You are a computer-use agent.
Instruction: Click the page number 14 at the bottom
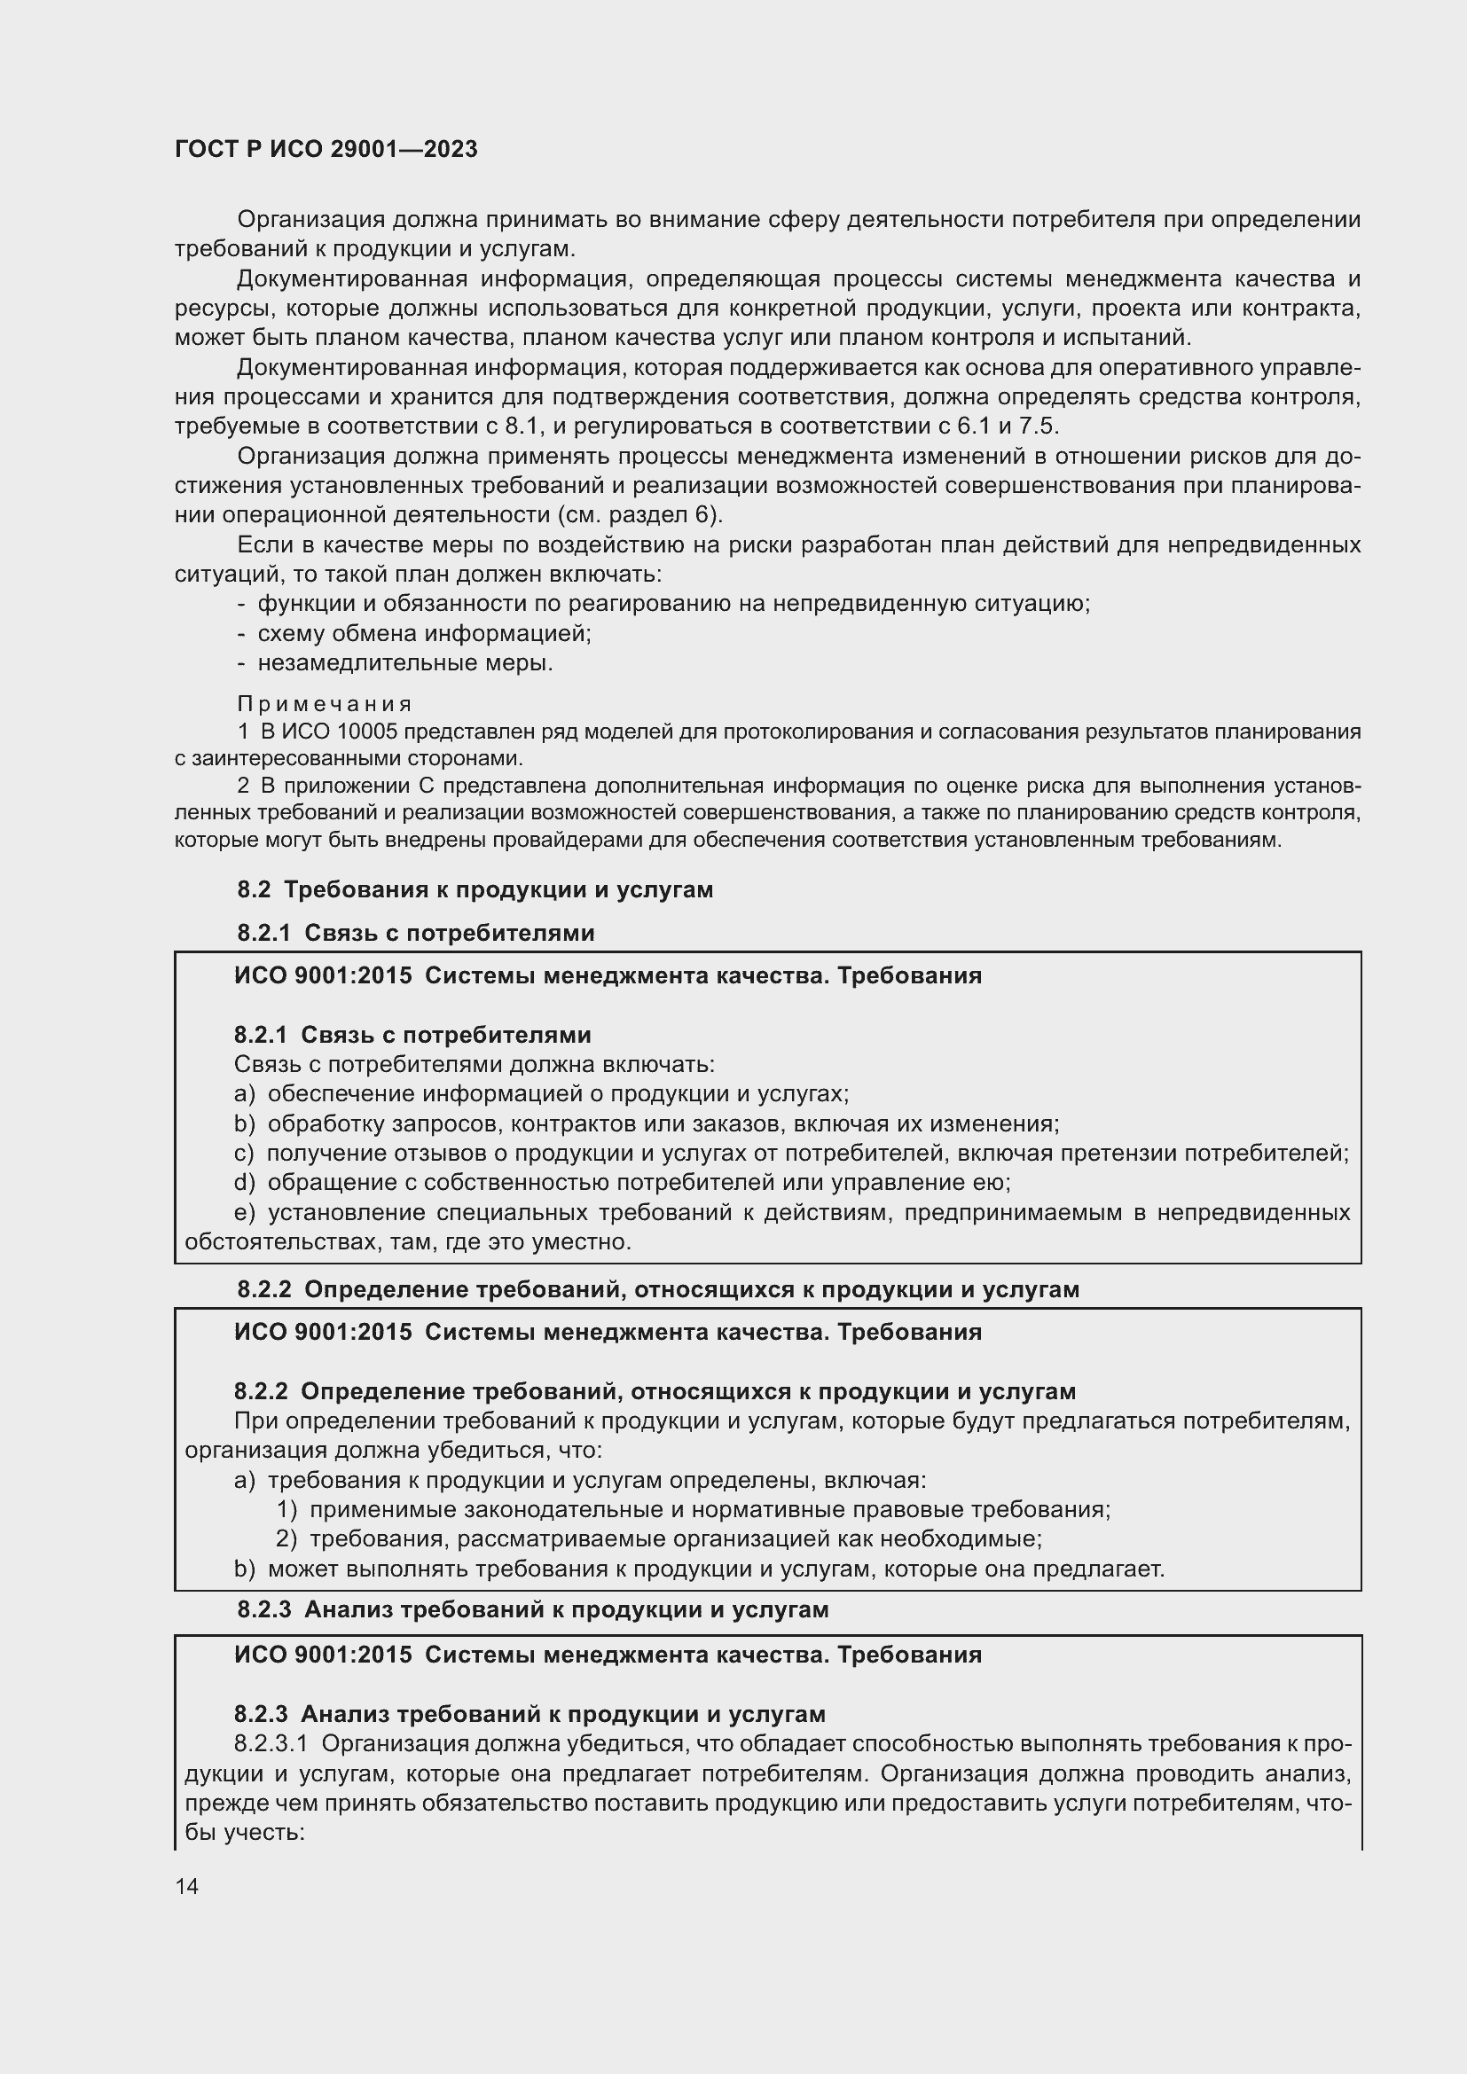(187, 1886)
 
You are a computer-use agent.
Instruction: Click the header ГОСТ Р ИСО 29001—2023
(326, 149)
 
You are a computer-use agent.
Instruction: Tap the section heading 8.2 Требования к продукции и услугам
(475, 889)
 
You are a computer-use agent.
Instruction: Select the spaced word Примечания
(326, 704)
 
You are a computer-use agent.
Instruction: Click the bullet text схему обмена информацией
(424, 633)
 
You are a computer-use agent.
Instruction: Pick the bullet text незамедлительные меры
(404, 663)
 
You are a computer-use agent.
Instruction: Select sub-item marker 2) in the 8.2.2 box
(286, 1538)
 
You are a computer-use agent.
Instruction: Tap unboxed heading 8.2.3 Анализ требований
(533, 1608)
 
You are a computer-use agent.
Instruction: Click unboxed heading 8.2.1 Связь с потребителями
(415, 933)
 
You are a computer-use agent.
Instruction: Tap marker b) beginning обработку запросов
(244, 1123)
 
